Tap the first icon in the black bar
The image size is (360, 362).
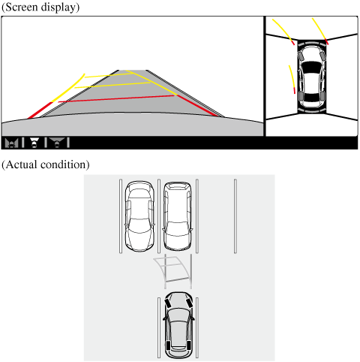tap(12, 141)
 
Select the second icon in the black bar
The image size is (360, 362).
tap(33, 141)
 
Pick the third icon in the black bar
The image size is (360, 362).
tap(55, 141)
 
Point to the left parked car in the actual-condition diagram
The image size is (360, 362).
tap(140, 216)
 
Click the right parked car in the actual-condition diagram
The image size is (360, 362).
tap(177, 216)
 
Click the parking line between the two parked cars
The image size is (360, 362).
tap(158, 216)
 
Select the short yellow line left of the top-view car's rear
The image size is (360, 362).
tap(292, 78)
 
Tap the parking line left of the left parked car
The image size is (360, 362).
tap(121, 216)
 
